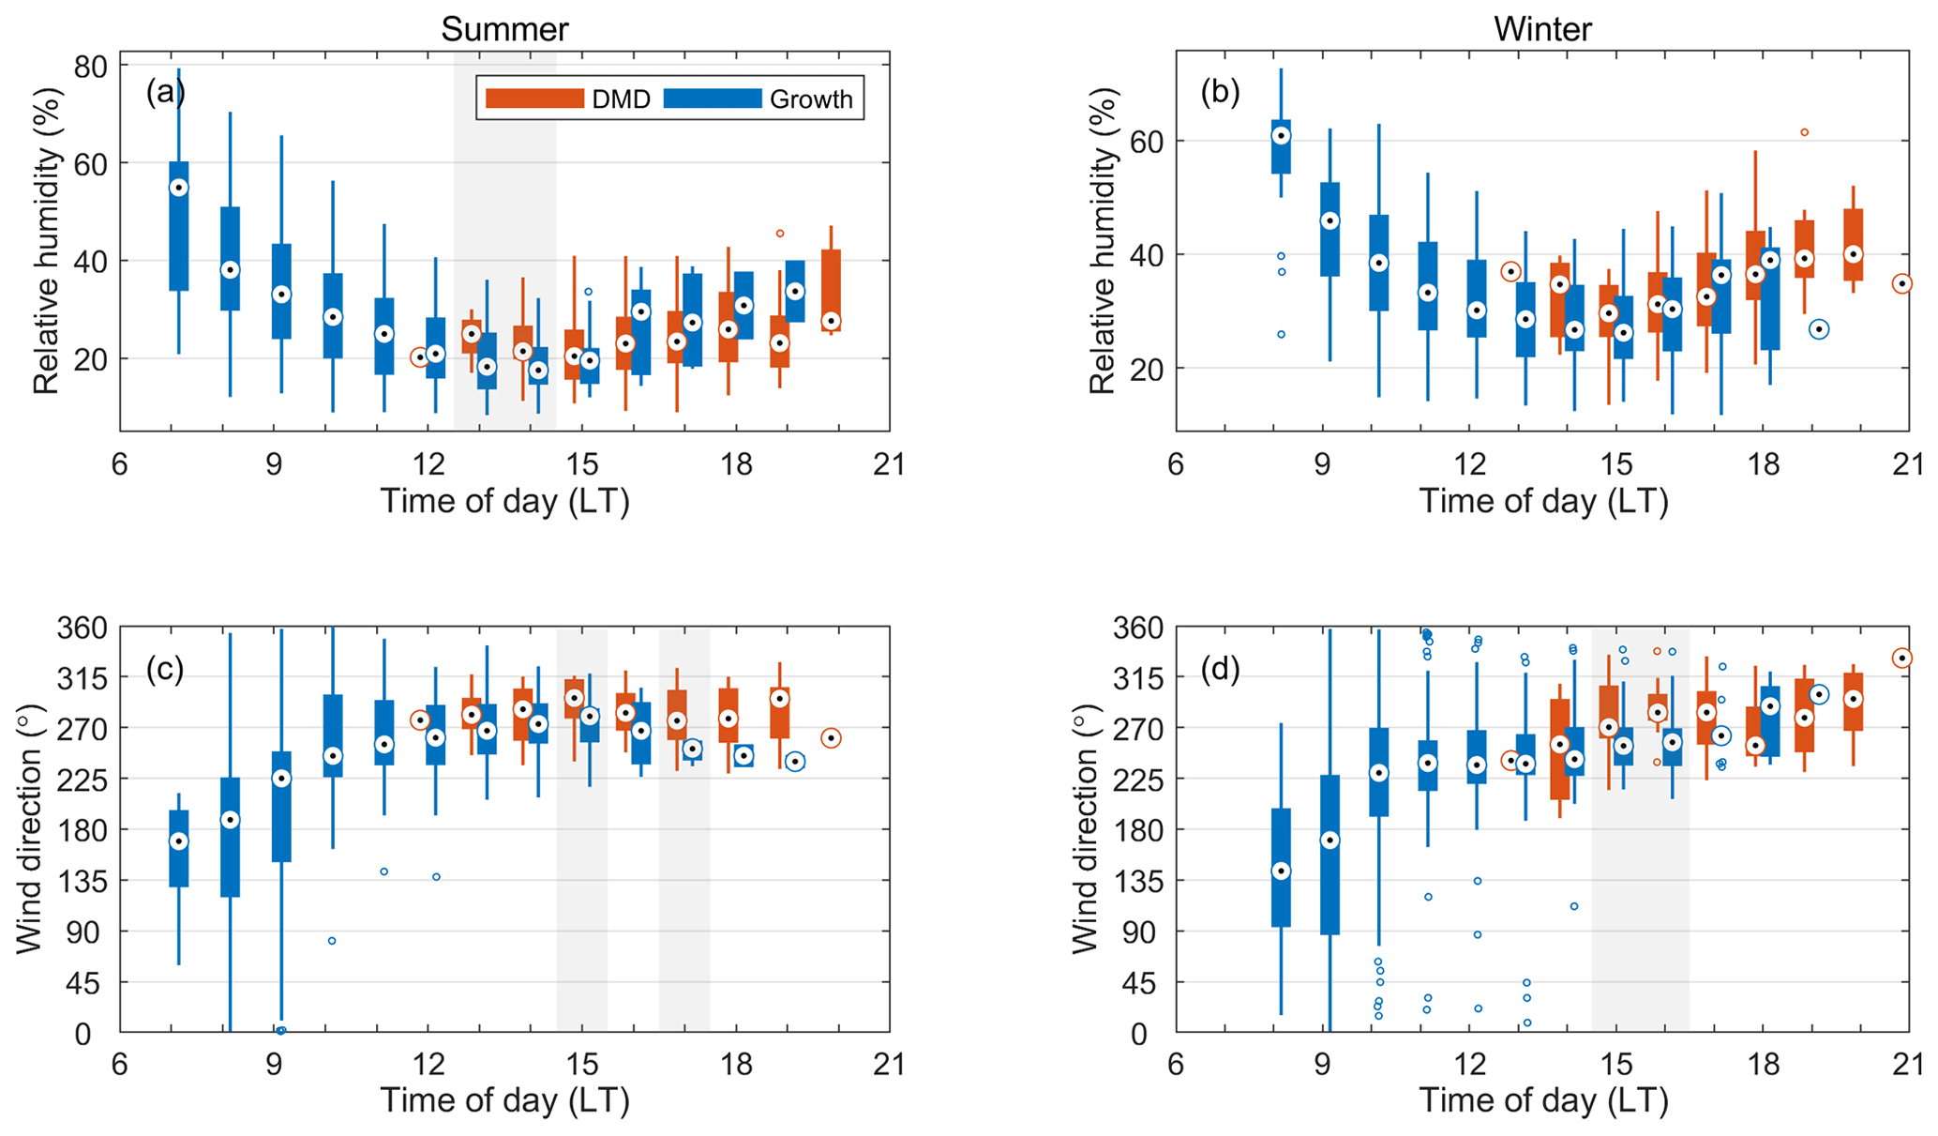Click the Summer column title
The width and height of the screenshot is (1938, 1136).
point(504,29)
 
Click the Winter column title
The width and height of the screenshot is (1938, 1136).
point(1542,29)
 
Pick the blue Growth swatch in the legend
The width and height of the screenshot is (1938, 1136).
point(713,98)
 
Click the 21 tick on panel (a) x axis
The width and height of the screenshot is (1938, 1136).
point(888,464)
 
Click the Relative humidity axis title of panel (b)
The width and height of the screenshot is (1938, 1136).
point(1103,241)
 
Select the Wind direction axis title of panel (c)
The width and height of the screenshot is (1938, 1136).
point(29,830)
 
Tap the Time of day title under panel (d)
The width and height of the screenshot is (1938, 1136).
point(1542,1100)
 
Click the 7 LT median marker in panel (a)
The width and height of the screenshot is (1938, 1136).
point(178,188)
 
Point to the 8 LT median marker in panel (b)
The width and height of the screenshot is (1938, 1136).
point(1281,136)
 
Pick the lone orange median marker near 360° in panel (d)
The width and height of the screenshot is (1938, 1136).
point(1901,659)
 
